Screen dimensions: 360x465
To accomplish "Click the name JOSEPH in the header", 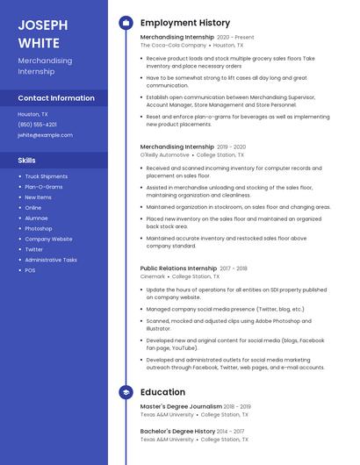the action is (x=40, y=24).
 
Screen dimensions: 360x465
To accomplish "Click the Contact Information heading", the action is (x=56, y=98).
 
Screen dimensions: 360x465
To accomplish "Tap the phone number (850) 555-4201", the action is (x=37, y=125).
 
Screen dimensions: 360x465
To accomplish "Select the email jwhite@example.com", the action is (x=45, y=135).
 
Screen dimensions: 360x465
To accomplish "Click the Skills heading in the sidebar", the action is (x=26, y=161).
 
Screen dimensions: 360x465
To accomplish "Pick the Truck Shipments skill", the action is (x=46, y=176).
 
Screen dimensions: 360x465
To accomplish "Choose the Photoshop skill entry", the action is (x=39, y=228).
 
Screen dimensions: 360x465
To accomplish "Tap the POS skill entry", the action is (x=30, y=270).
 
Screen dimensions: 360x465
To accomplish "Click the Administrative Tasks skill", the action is (x=51, y=260).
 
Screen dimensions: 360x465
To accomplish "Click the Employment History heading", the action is (x=185, y=23).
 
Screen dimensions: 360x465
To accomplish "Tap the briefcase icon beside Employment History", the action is (x=126, y=23).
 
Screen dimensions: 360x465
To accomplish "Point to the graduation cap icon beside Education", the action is (x=126, y=392).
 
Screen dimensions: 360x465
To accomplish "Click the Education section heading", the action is (x=162, y=392).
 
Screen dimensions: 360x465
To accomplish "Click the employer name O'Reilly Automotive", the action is (x=164, y=154).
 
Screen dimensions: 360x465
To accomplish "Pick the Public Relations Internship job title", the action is (x=178, y=268).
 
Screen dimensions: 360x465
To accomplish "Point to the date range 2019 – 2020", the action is (x=231, y=147).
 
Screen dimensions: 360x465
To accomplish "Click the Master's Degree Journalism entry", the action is (x=181, y=407).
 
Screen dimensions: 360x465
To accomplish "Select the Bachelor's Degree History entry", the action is (x=177, y=432).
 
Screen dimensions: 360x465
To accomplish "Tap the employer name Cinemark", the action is (x=152, y=275).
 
